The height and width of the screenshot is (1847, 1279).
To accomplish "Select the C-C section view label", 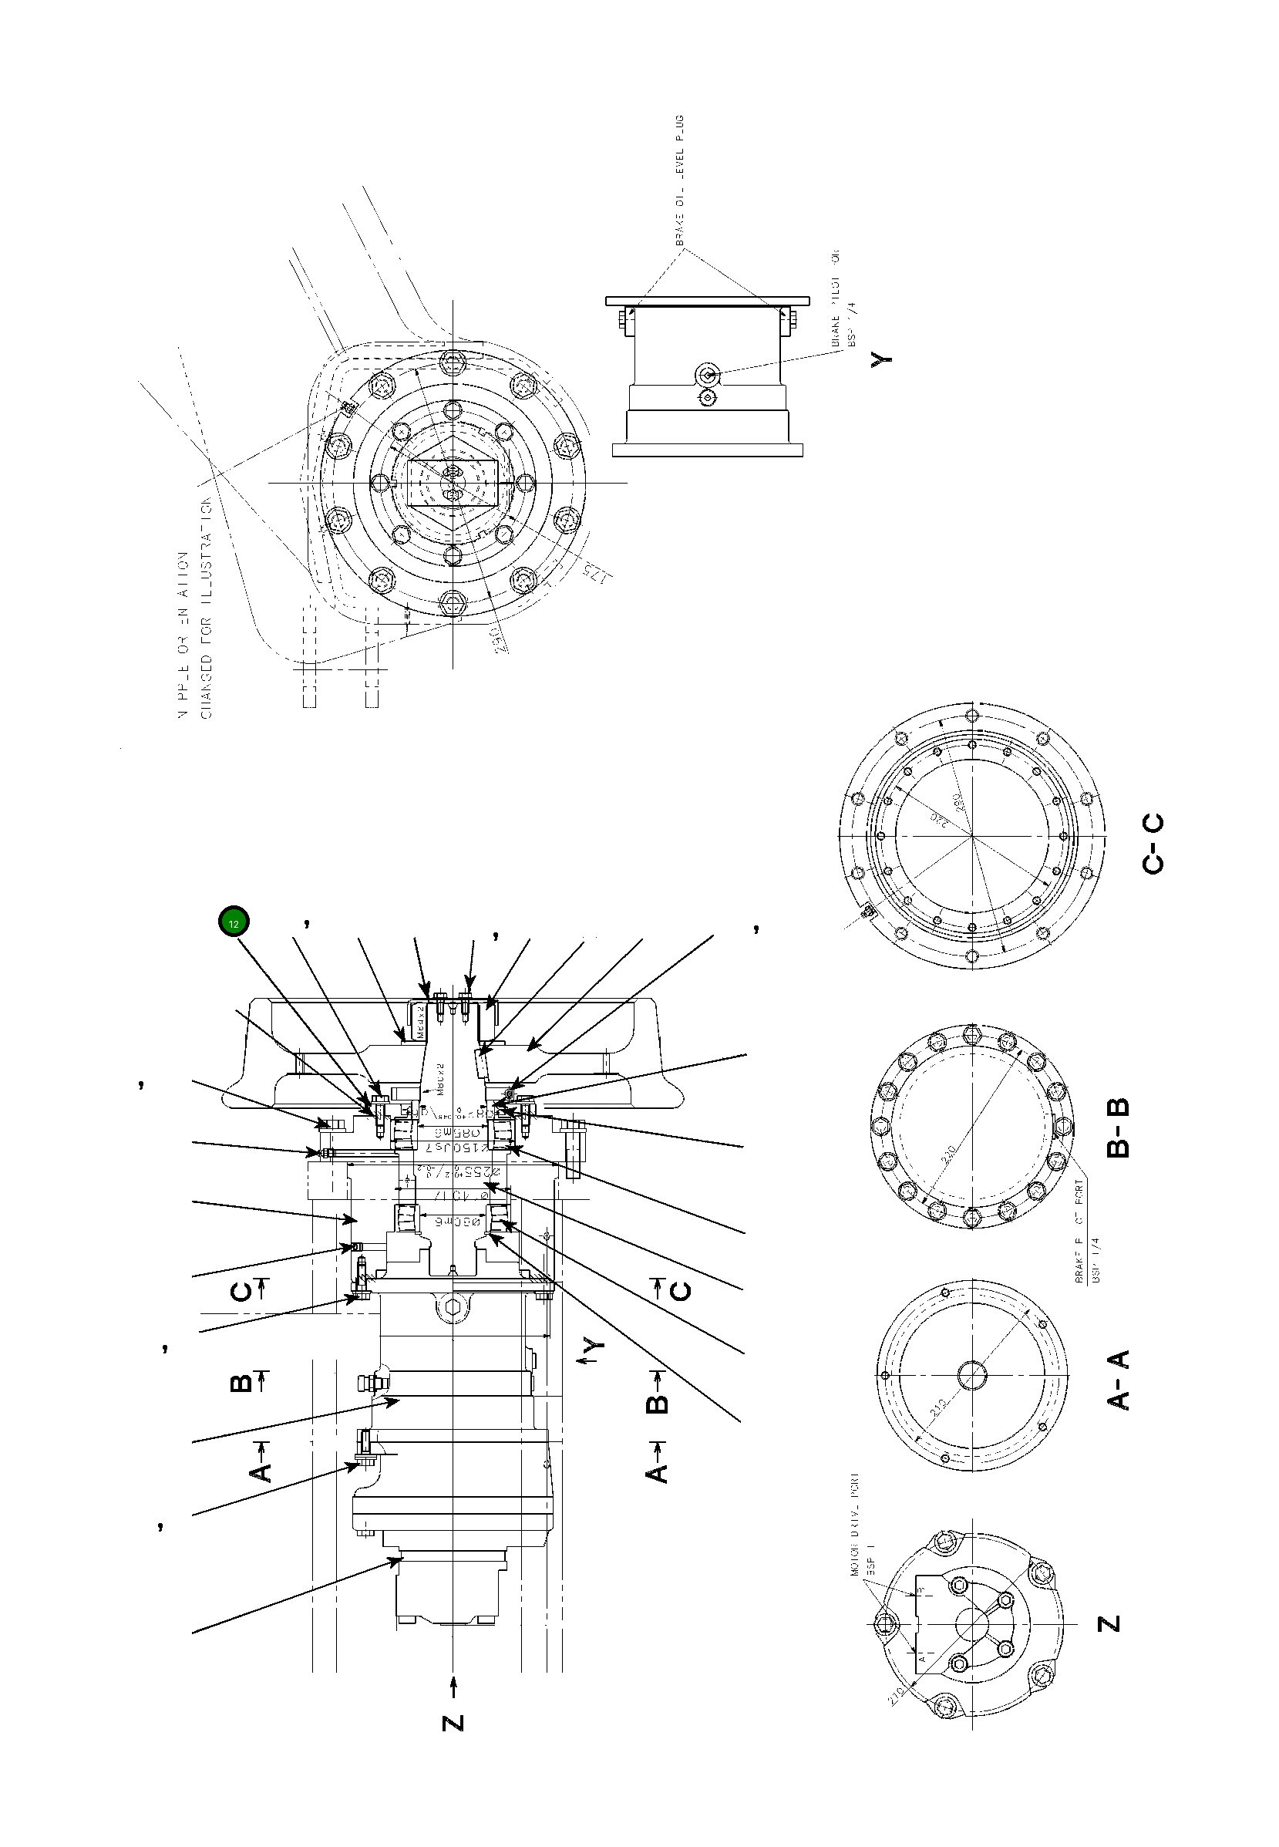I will (1153, 844).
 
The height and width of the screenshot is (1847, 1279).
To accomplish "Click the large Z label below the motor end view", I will (1109, 1623).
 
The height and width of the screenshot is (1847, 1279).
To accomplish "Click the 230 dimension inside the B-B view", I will (948, 1155).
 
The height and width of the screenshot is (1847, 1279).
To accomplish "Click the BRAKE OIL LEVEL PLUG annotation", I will (679, 181).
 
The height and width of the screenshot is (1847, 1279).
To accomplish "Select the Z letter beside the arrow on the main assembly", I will (453, 1721).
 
